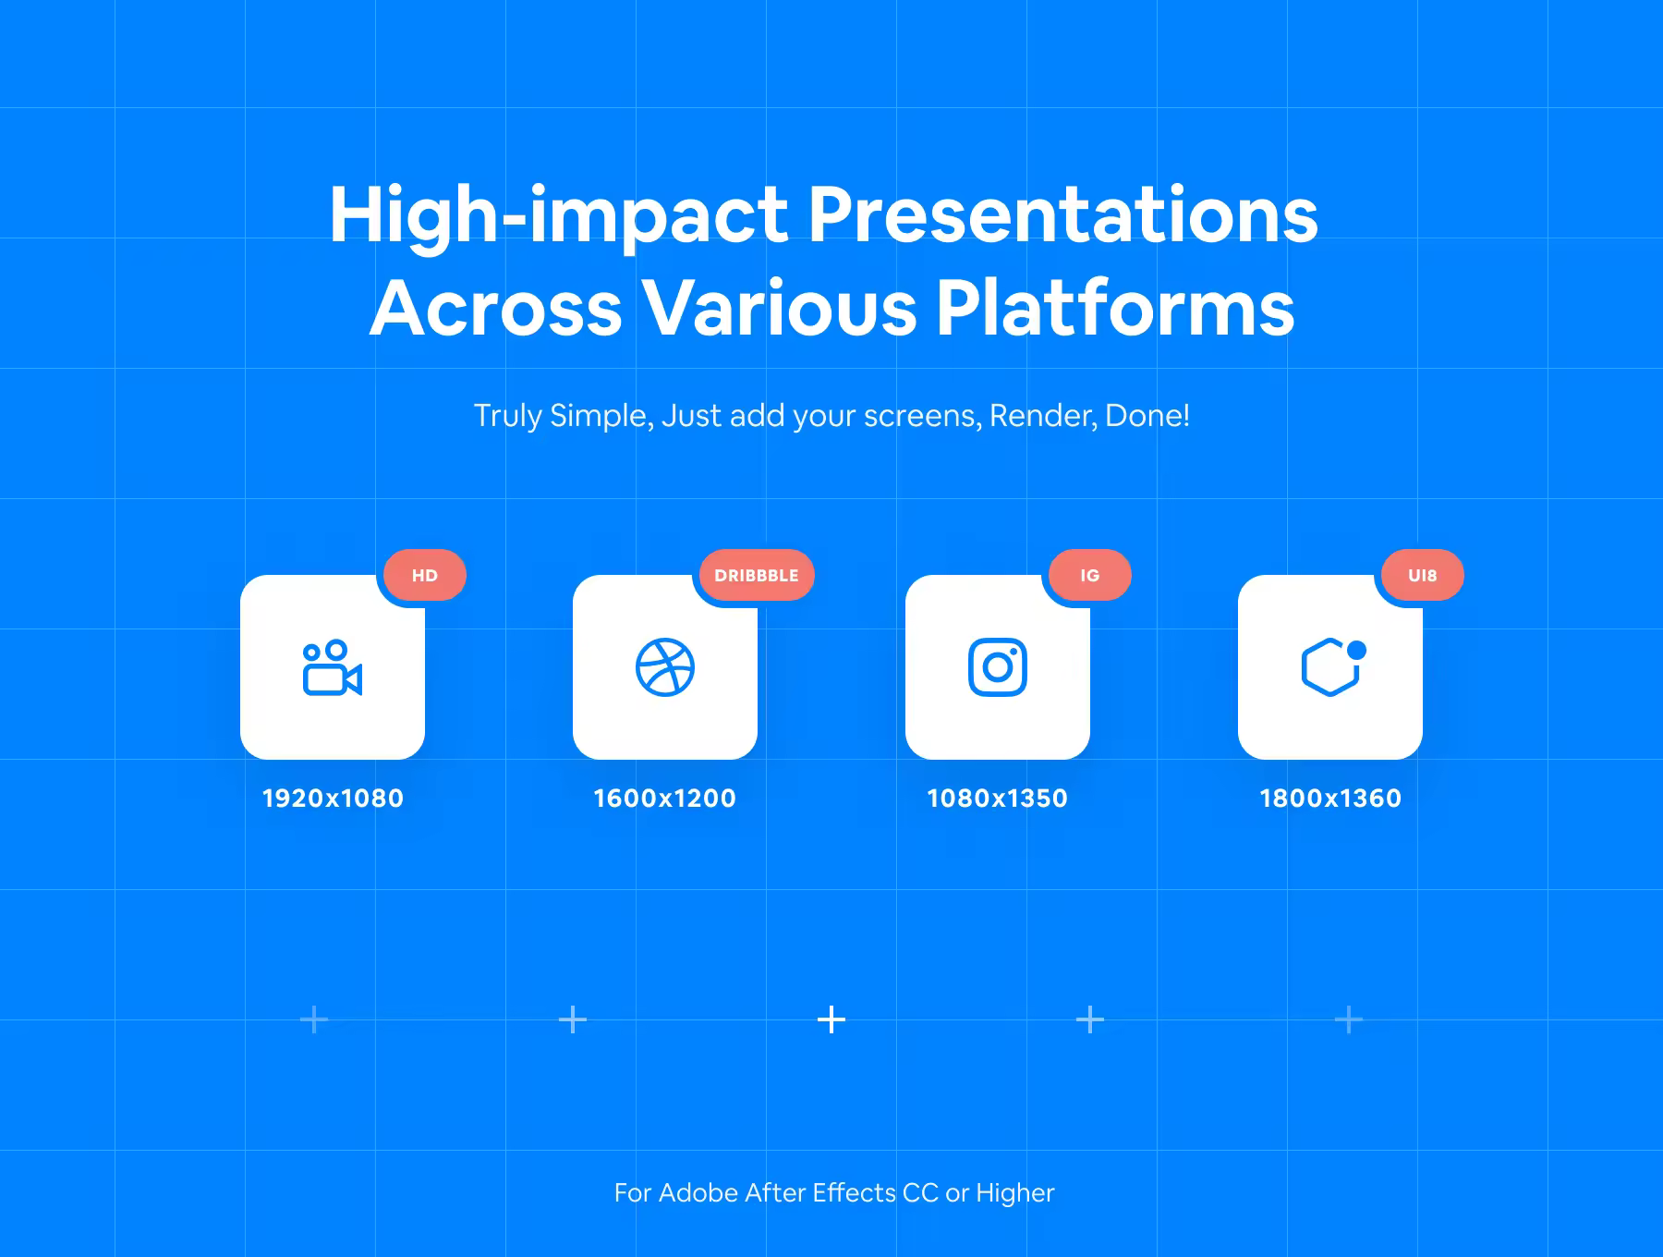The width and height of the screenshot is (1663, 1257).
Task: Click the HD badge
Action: pos(424,575)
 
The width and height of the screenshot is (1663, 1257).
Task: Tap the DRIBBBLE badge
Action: pos(757,575)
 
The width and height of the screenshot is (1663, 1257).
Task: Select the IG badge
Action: pos(1090,575)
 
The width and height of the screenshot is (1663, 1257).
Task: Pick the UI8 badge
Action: pos(1423,575)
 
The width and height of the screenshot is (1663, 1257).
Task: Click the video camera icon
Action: pos(332,667)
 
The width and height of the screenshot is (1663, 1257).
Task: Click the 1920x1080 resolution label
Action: pos(333,798)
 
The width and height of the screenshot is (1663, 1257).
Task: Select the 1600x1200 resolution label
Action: pos(664,798)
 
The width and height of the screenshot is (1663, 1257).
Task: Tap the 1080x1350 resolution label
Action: pos(997,798)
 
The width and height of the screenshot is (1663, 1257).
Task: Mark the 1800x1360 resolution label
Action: pos(1330,798)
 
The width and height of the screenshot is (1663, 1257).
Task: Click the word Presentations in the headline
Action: pos(1063,214)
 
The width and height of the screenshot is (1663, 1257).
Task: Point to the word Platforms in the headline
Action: pos(1115,308)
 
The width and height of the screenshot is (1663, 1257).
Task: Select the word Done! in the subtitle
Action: pos(1147,416)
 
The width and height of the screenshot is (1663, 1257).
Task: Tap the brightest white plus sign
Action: pos(831,1019)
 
